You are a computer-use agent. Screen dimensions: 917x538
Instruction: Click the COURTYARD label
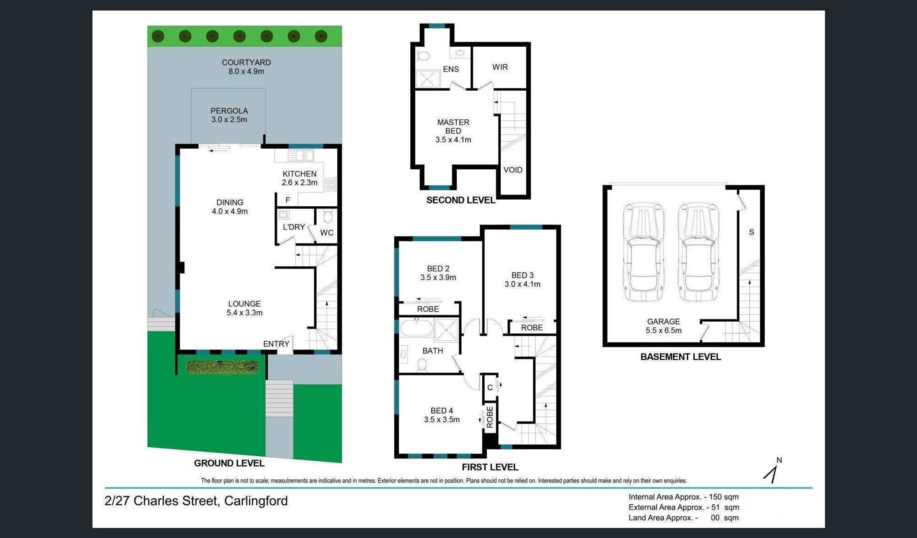point(246,63)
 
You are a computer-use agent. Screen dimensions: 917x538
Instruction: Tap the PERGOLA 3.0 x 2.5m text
point(229,115)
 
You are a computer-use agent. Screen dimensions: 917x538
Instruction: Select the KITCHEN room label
point(299,174)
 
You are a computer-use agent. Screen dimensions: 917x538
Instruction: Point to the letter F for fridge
point(288,200)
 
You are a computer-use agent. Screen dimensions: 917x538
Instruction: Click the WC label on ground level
point(327,233)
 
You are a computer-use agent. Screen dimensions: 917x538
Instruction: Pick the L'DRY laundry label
point(294,227)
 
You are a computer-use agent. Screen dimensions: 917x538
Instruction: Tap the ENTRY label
point(276,344)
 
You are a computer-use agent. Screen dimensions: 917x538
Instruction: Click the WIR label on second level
point(500,67)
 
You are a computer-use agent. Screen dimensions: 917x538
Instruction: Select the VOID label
point(513,170)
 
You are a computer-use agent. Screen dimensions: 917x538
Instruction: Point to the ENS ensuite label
point(451,69)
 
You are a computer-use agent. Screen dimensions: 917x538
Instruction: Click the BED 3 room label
point(522,275)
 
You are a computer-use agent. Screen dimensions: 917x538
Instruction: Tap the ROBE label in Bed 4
point(490,417)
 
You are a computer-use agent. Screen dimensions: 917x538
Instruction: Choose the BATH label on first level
point(433,351)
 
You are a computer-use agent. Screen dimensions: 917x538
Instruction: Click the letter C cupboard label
point(490,388)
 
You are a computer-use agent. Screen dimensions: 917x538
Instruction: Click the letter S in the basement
point(751,232)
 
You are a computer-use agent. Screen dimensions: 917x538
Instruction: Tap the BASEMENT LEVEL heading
point(681,357)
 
